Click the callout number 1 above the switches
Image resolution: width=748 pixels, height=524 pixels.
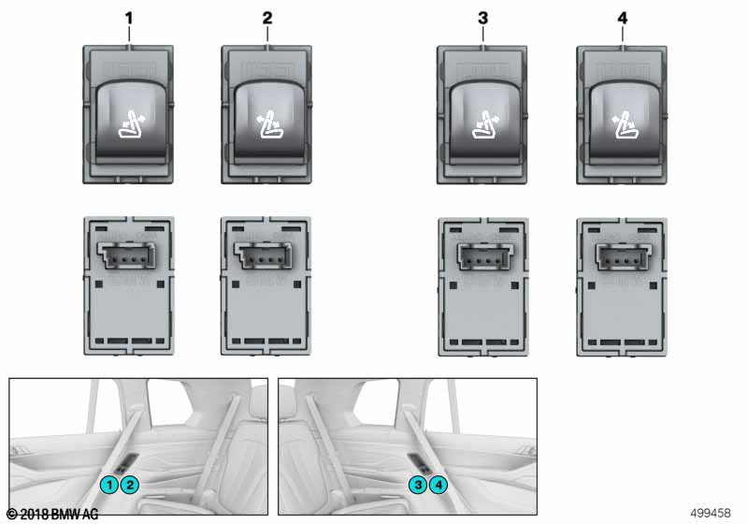pos(129,18)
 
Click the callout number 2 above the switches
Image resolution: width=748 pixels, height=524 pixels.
pos(267,18)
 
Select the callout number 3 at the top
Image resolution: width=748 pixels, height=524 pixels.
pos(482,18)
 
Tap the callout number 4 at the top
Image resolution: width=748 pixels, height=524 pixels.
pos(622,18)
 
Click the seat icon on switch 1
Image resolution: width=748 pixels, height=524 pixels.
pos(131,124)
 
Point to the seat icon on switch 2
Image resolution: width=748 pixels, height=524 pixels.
pos(269,124)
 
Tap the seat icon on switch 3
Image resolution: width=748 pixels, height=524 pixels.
pos(484,124)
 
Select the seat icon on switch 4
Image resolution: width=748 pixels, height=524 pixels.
pos(624,124)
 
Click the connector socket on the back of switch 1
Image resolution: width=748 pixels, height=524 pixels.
pos(127,255)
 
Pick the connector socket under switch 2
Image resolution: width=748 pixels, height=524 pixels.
pos(264,255)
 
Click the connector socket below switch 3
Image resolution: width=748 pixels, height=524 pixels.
pos(482,255)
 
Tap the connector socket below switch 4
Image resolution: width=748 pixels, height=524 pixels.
pos(621,255)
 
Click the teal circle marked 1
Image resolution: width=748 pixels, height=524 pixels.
pos(109,486)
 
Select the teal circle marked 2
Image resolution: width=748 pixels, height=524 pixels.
pos(130,486)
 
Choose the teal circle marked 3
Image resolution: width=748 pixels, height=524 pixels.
pos(418,486)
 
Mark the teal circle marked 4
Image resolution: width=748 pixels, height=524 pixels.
pos(439,486)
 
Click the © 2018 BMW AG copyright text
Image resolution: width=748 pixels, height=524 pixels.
pos(52,514)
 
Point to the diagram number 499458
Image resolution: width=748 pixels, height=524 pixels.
pos(711,513)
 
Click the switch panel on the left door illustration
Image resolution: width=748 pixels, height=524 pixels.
pos(126,463)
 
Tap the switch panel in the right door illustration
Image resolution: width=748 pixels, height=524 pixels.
pos(420,463)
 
